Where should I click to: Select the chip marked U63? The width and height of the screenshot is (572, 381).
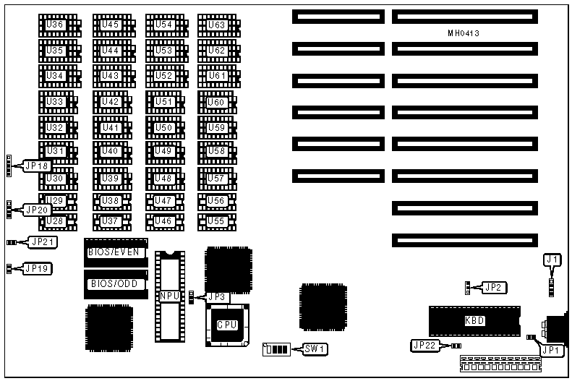tap(216, 25)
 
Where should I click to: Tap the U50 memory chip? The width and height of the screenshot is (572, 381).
tap(164, 128)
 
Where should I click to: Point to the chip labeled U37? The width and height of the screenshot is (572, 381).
tap(110, 220)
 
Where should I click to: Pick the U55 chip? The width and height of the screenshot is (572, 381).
tap(216, 220)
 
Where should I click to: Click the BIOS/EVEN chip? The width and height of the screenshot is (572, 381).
tap(114, 252)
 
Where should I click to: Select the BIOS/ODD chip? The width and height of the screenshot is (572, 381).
tap(114, 283)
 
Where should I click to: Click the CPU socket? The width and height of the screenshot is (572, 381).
tap(226, 325)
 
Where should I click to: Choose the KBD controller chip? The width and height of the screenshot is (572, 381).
tap(474, 320)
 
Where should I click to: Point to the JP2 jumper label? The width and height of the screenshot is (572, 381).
tap(493, 287)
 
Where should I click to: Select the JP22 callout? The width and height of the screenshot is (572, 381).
tap(424, 346)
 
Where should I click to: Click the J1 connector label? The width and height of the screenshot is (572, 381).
tap(552, 259)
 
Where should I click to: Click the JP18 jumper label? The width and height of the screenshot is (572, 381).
tap(38, 166)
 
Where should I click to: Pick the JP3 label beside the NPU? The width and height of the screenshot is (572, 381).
tap(217, 296)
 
